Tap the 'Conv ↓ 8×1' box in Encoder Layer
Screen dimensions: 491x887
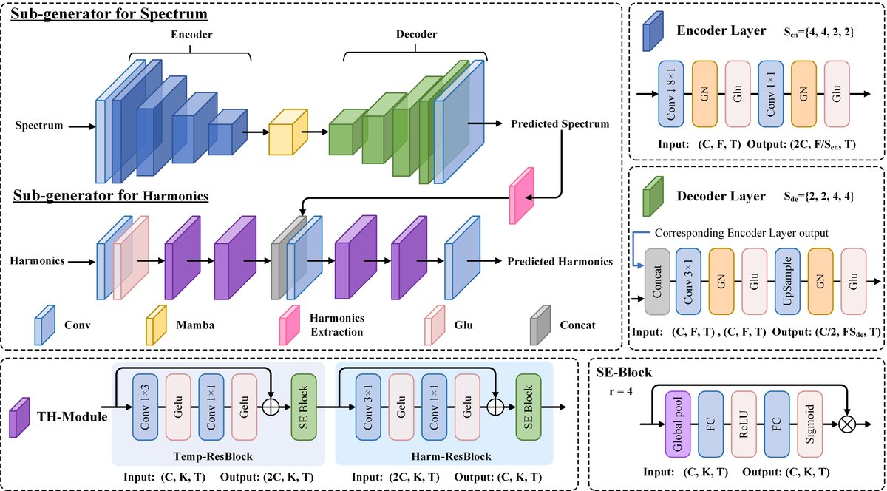point(670,94)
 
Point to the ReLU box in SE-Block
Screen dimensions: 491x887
point(746,424)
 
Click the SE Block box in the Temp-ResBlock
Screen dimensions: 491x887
point(305,406)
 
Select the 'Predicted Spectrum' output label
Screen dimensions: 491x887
point(560,124)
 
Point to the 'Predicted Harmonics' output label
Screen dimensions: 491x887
point(560,261)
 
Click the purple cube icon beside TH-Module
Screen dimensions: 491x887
point(19,418)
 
